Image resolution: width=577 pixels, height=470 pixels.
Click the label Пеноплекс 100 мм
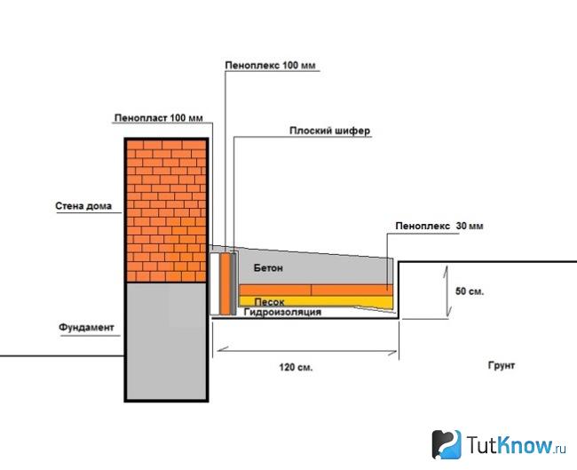[271, 66]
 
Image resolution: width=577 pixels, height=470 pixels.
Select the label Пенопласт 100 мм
[159, 118]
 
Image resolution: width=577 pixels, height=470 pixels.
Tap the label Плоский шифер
[329, 131]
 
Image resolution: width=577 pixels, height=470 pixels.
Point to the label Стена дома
[83, 206]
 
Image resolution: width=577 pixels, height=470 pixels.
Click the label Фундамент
[86, 328]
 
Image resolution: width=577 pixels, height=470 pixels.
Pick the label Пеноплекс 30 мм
[439, 226]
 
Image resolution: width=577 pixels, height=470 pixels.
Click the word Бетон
[268, 268]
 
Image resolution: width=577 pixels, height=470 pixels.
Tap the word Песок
[269, 302]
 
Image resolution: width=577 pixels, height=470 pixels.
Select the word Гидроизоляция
[282, 313]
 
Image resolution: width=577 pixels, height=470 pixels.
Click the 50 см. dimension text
[470, 291]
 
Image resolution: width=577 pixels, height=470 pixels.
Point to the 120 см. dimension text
[296, 367]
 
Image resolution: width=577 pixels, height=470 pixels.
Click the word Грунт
[502, 365]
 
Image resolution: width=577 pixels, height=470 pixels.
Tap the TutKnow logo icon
[447, 444]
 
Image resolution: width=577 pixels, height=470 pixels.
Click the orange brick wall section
[166, 211]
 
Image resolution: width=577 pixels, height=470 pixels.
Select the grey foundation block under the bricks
[166, 341]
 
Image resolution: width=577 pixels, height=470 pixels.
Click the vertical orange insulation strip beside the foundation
[225, 283]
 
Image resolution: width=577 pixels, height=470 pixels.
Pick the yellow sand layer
[315, 302]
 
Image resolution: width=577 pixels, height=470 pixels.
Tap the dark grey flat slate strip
[233, 283]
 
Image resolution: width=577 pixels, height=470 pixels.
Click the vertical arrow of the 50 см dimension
[447, 291]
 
